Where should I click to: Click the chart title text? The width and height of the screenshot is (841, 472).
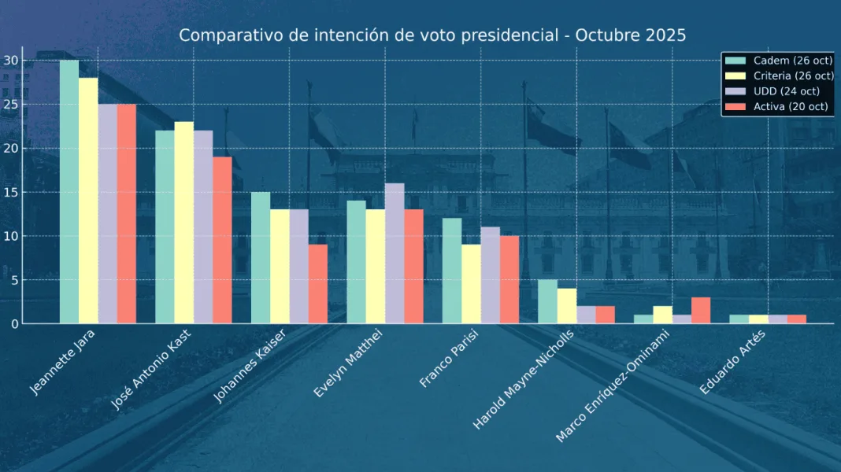tap(432, 35)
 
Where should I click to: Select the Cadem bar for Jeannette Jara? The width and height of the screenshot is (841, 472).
tap(69, 192)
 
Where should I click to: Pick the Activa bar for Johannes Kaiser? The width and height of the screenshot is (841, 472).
tap(318, 284)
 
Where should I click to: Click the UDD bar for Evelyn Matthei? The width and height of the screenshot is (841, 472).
tap(395, 253)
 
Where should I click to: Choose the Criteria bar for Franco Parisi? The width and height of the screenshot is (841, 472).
tap(471, 284)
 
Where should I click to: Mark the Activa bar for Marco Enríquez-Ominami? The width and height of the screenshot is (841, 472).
tap(701, 310)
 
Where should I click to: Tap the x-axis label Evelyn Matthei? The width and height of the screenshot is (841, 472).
tap(349, 365)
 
